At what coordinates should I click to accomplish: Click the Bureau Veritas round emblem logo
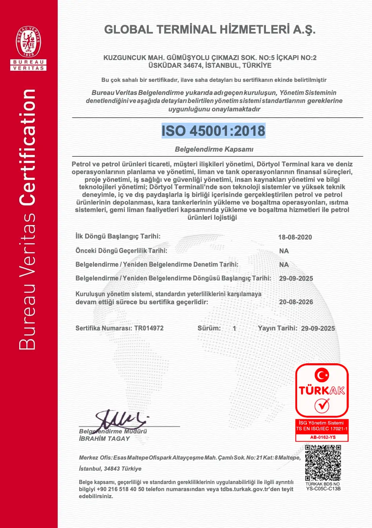[x=29, y=42]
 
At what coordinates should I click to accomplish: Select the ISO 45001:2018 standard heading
[x=214, y=131]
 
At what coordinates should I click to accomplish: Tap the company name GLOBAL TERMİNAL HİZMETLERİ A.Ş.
[x=210, y=30]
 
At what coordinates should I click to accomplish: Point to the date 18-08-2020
[x=295, y=237]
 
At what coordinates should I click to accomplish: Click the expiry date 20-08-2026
[x=296, y=302]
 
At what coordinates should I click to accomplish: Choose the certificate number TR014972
[x=149, y=328]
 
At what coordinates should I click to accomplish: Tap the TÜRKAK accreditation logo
[x=322, y=390]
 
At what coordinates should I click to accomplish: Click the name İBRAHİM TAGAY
[x=104, y=438]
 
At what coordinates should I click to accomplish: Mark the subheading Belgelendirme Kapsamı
[x=214, y=149]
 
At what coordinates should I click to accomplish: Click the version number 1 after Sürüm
[x=234, y=328]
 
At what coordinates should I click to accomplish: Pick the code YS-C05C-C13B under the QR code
[x=323, y=489]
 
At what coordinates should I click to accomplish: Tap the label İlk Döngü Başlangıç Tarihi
[x=118, y=236]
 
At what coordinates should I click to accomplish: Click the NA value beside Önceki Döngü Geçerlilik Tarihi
[x=284, y=251]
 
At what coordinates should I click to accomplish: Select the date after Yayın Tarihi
[x=318, y=328]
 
